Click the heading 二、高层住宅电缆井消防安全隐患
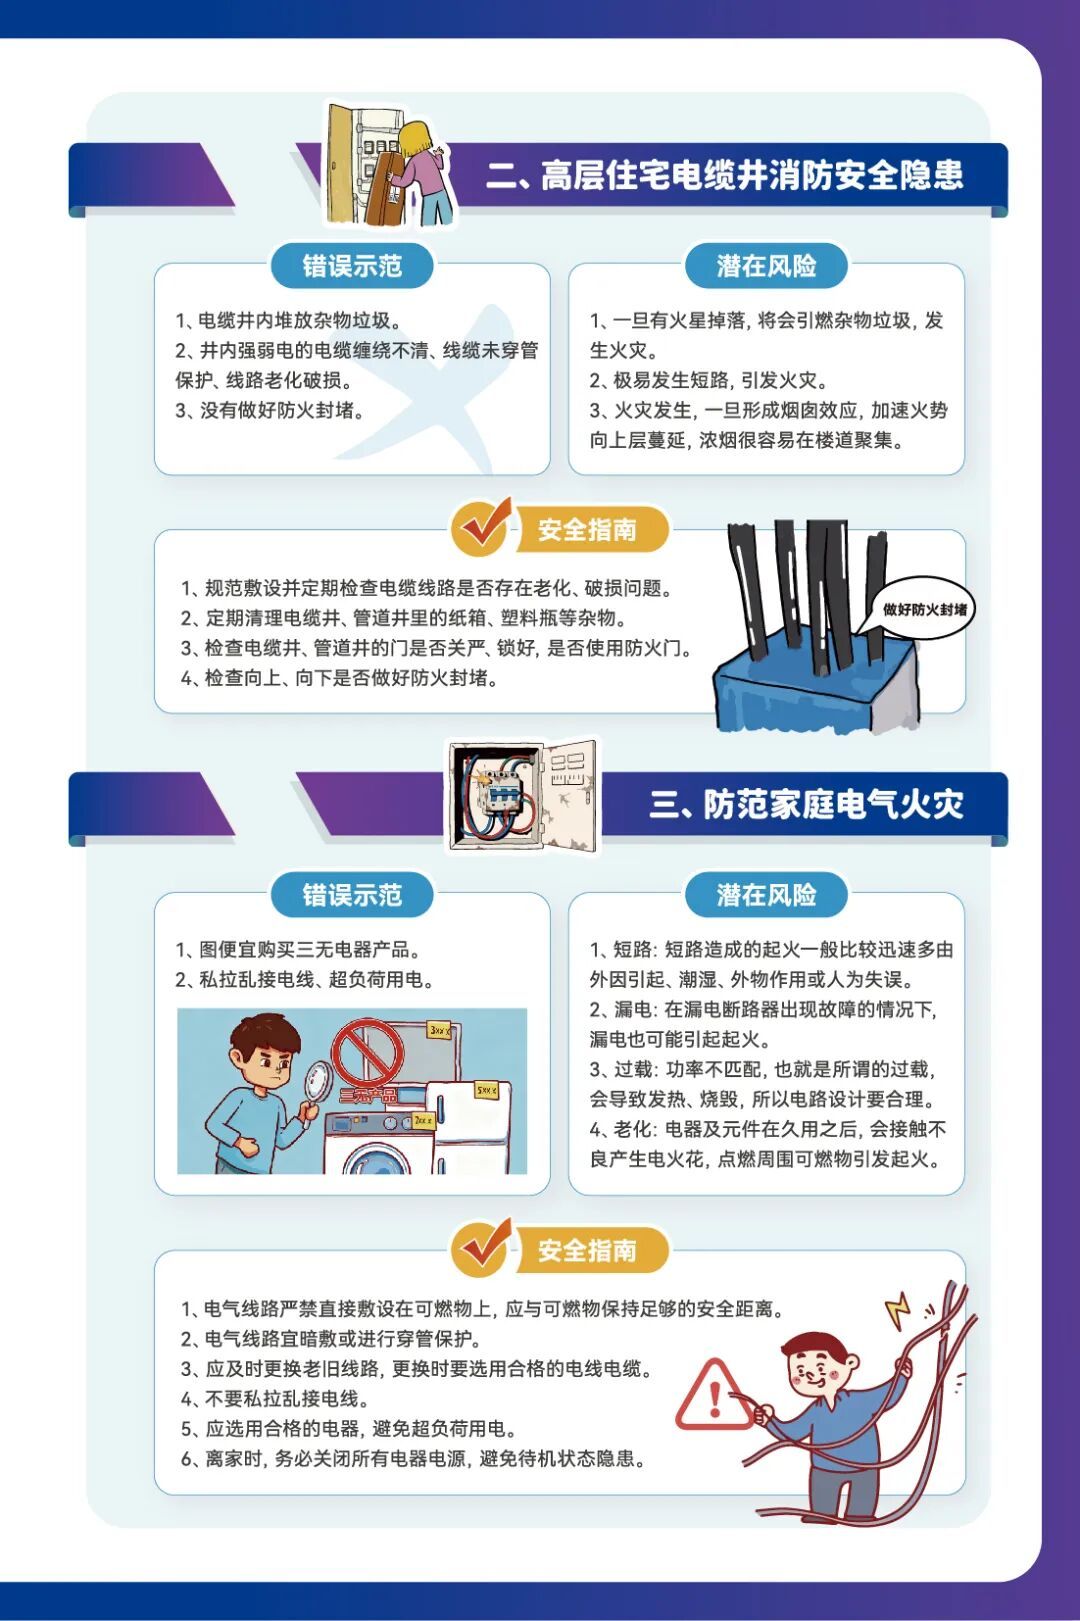(725, 175)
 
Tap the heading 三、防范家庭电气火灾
(806, 805)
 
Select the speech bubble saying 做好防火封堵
(924, 609)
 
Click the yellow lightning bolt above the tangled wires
(898, 1311)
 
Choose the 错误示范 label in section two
(352, 266)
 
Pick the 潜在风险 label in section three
(766, 895)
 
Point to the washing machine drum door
(375, 1160)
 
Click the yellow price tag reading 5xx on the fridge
(486, 1090)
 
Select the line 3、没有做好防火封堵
(269, 411)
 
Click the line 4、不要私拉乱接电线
(275, 1399)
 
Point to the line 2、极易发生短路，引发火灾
(708, 381)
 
